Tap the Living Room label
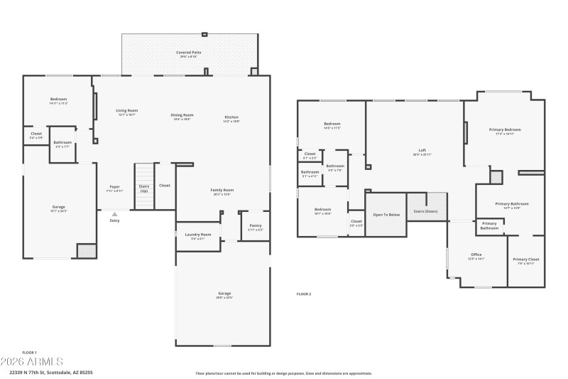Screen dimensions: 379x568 click(x=127, y=112)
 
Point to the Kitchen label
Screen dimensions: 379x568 click(x=231, y=119)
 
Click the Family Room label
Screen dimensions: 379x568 click(x=222, y=191)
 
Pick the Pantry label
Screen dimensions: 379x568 click(x=256, y=228)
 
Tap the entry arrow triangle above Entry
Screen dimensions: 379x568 click(x=115, y=213)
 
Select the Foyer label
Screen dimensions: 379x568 click(x=114, y=188)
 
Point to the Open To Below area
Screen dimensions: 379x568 click(x=386, y=214)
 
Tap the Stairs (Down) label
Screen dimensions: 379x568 click(x=426, y=211)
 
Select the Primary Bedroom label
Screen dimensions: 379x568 click(x=505, y=131)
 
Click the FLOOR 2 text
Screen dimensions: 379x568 click(x=304, y=294)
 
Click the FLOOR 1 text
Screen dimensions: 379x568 click(x=29, y=352)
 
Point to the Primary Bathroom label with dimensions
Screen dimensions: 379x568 click(x=511, y=205)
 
